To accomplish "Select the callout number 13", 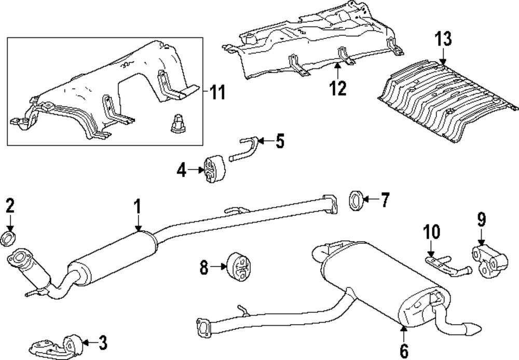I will (x=444, y=39).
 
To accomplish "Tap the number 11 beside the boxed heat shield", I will (x=218, y=93).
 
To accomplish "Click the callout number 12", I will (x=337, y=88).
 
